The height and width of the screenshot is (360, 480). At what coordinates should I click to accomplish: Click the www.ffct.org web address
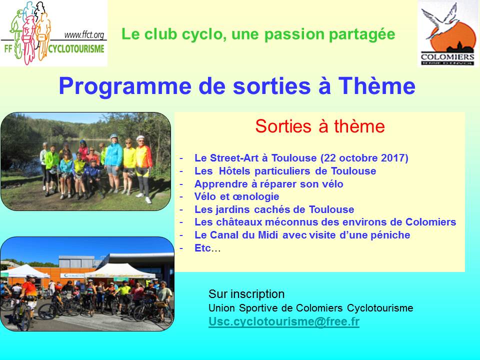[84, 35]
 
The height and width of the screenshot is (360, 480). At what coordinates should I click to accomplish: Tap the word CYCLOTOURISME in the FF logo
[76, 49]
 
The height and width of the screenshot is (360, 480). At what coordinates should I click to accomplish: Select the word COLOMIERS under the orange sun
[447, 57]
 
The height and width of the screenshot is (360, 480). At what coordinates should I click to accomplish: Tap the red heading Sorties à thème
[320, 126]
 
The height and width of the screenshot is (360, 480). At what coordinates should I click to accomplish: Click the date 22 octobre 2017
[364, 158]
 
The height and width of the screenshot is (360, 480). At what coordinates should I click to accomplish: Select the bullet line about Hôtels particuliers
[285, 171]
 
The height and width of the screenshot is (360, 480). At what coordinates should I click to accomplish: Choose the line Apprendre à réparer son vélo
[269, 184]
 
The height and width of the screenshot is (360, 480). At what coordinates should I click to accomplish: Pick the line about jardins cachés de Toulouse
[274, 209]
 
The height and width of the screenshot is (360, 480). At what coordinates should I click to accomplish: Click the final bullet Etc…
[207, 248]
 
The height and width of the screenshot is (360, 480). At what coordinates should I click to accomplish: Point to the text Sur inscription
[246, 294]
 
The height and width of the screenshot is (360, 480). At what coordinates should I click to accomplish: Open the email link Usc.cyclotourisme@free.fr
[284, 321]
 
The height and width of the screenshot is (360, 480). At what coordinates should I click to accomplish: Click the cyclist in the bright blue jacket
[114, 162]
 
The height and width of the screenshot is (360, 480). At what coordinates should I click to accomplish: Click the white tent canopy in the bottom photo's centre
[119, 270]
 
